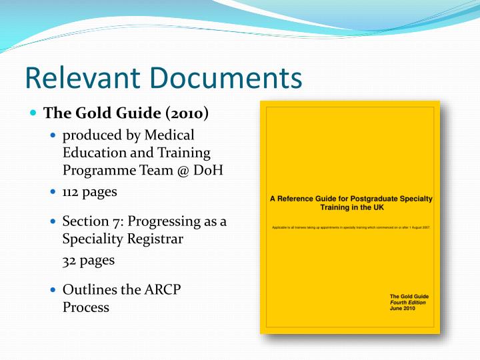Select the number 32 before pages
pyautogui.click(x=70, y=261)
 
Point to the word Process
pyautogui.click(x=85, y=307)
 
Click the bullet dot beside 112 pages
pyautogui.click(x=54, y=192)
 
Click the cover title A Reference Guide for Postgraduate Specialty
pyautogui.click(x=351, y=199)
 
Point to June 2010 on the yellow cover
pyautogui.click(x=403, y=308)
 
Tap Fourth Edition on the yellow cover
pyautogui.click(x=408, y=302)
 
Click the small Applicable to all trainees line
pyautogui.click(x=351, y=227)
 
